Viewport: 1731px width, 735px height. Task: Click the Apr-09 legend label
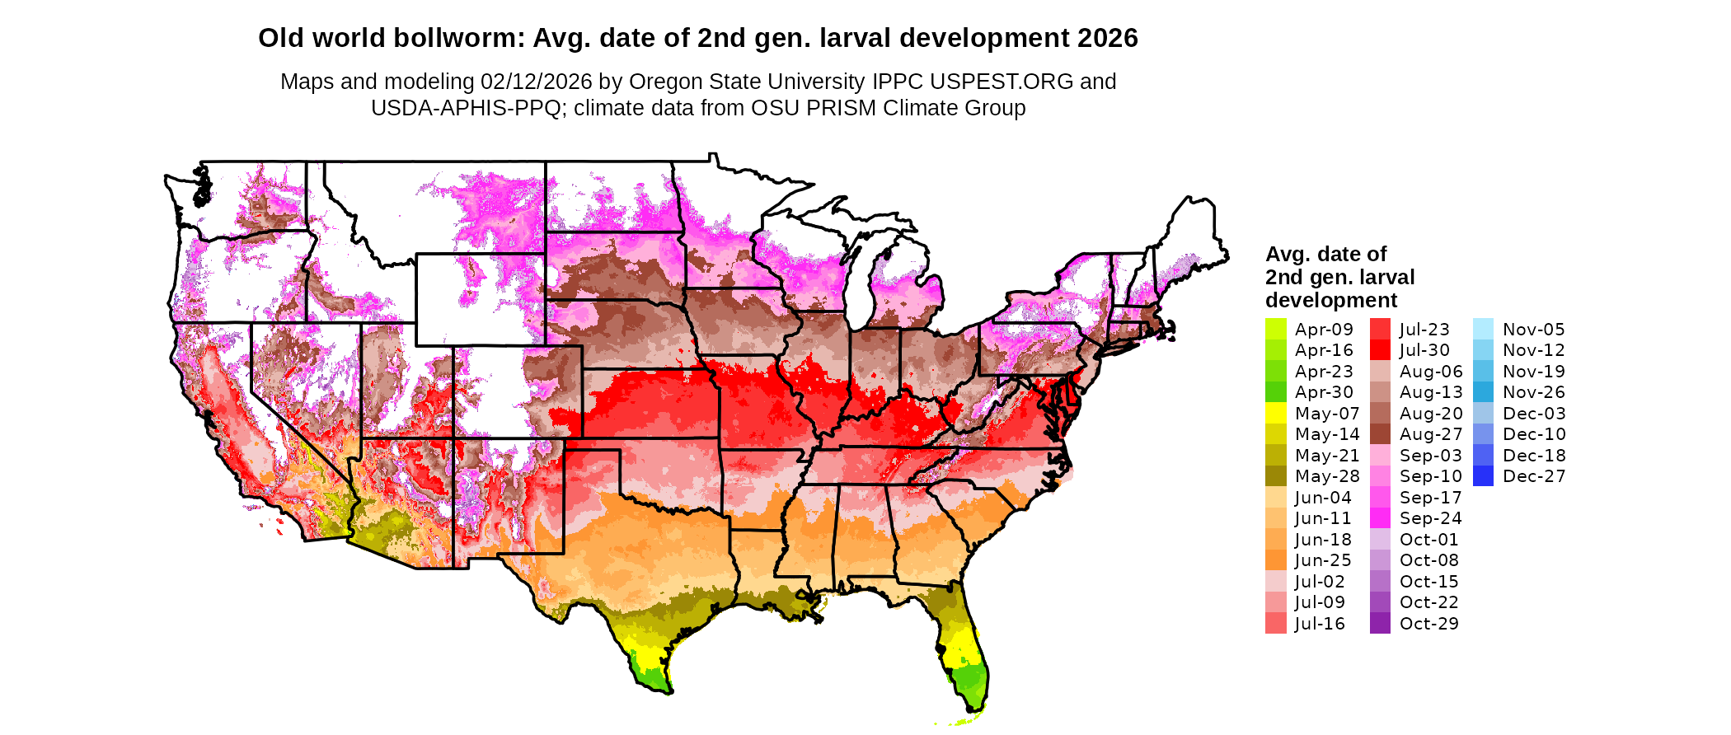1324,330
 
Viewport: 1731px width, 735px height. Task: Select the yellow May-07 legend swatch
1276,413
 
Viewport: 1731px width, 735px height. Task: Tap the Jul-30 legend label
1424,350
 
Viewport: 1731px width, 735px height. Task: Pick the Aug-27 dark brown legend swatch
1380,434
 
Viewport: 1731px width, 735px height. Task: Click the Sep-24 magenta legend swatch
1380,518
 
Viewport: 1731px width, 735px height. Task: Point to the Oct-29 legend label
1428,624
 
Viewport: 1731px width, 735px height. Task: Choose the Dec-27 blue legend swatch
1483,476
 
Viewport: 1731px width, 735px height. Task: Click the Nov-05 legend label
1533,330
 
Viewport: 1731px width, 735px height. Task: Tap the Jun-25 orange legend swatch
1276,560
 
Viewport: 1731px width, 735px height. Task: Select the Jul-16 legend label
1320,624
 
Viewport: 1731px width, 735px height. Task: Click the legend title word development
1331,300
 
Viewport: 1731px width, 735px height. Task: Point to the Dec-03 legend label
1533,414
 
